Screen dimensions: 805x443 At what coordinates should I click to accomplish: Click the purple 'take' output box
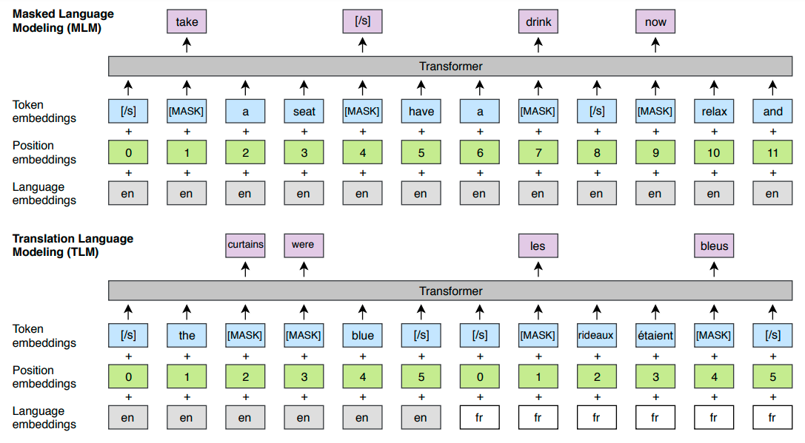click(x=187, y=21)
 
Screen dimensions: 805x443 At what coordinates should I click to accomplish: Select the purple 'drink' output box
click(x=538, y=21)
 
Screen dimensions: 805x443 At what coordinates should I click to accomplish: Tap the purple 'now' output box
click(x=655, y=21)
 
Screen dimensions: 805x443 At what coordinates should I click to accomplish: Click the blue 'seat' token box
click(x=304, y=111)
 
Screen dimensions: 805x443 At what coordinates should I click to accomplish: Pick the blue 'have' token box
click(x=421, y=111)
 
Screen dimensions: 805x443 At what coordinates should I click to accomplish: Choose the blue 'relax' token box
click(x=714, y=111)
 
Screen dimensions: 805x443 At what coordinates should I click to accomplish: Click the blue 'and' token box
click(x=772, y=111)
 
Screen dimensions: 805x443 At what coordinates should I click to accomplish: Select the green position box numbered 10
click(x=714, y=152)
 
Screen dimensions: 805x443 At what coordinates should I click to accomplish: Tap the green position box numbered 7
click(x=538, y=152)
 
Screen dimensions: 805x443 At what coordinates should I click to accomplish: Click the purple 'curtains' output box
click(x=245, y=245)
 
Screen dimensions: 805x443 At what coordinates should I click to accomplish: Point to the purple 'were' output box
click(x=304, y=245)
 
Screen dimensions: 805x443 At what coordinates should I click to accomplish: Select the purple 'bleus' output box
click(x=714, y=245)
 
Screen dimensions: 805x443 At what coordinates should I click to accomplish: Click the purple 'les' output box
click(x=538, y=245)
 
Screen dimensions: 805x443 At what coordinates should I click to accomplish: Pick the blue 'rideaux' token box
click(x=597, y=335)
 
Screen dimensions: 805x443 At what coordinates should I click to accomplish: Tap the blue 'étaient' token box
click(x=655, y=335)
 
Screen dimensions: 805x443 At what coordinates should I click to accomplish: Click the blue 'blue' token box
click(x=362, y=335)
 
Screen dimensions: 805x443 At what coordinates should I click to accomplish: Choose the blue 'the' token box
click(x=187, y=335)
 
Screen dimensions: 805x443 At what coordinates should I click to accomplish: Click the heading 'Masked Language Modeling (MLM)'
click(x=63, y=21)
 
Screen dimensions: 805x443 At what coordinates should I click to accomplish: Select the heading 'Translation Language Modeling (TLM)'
click(x=73, y=245)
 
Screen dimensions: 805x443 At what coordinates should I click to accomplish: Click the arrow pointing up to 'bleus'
click(x=714, y=269)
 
